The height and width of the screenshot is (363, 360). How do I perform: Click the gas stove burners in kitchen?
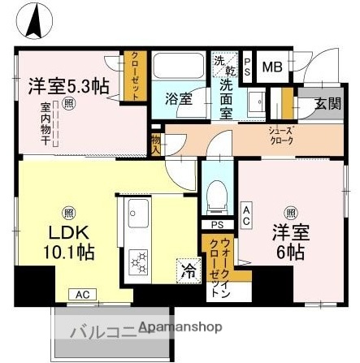139,263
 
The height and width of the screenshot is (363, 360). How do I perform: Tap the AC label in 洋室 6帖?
245,213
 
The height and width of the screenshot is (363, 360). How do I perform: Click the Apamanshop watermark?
180,328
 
